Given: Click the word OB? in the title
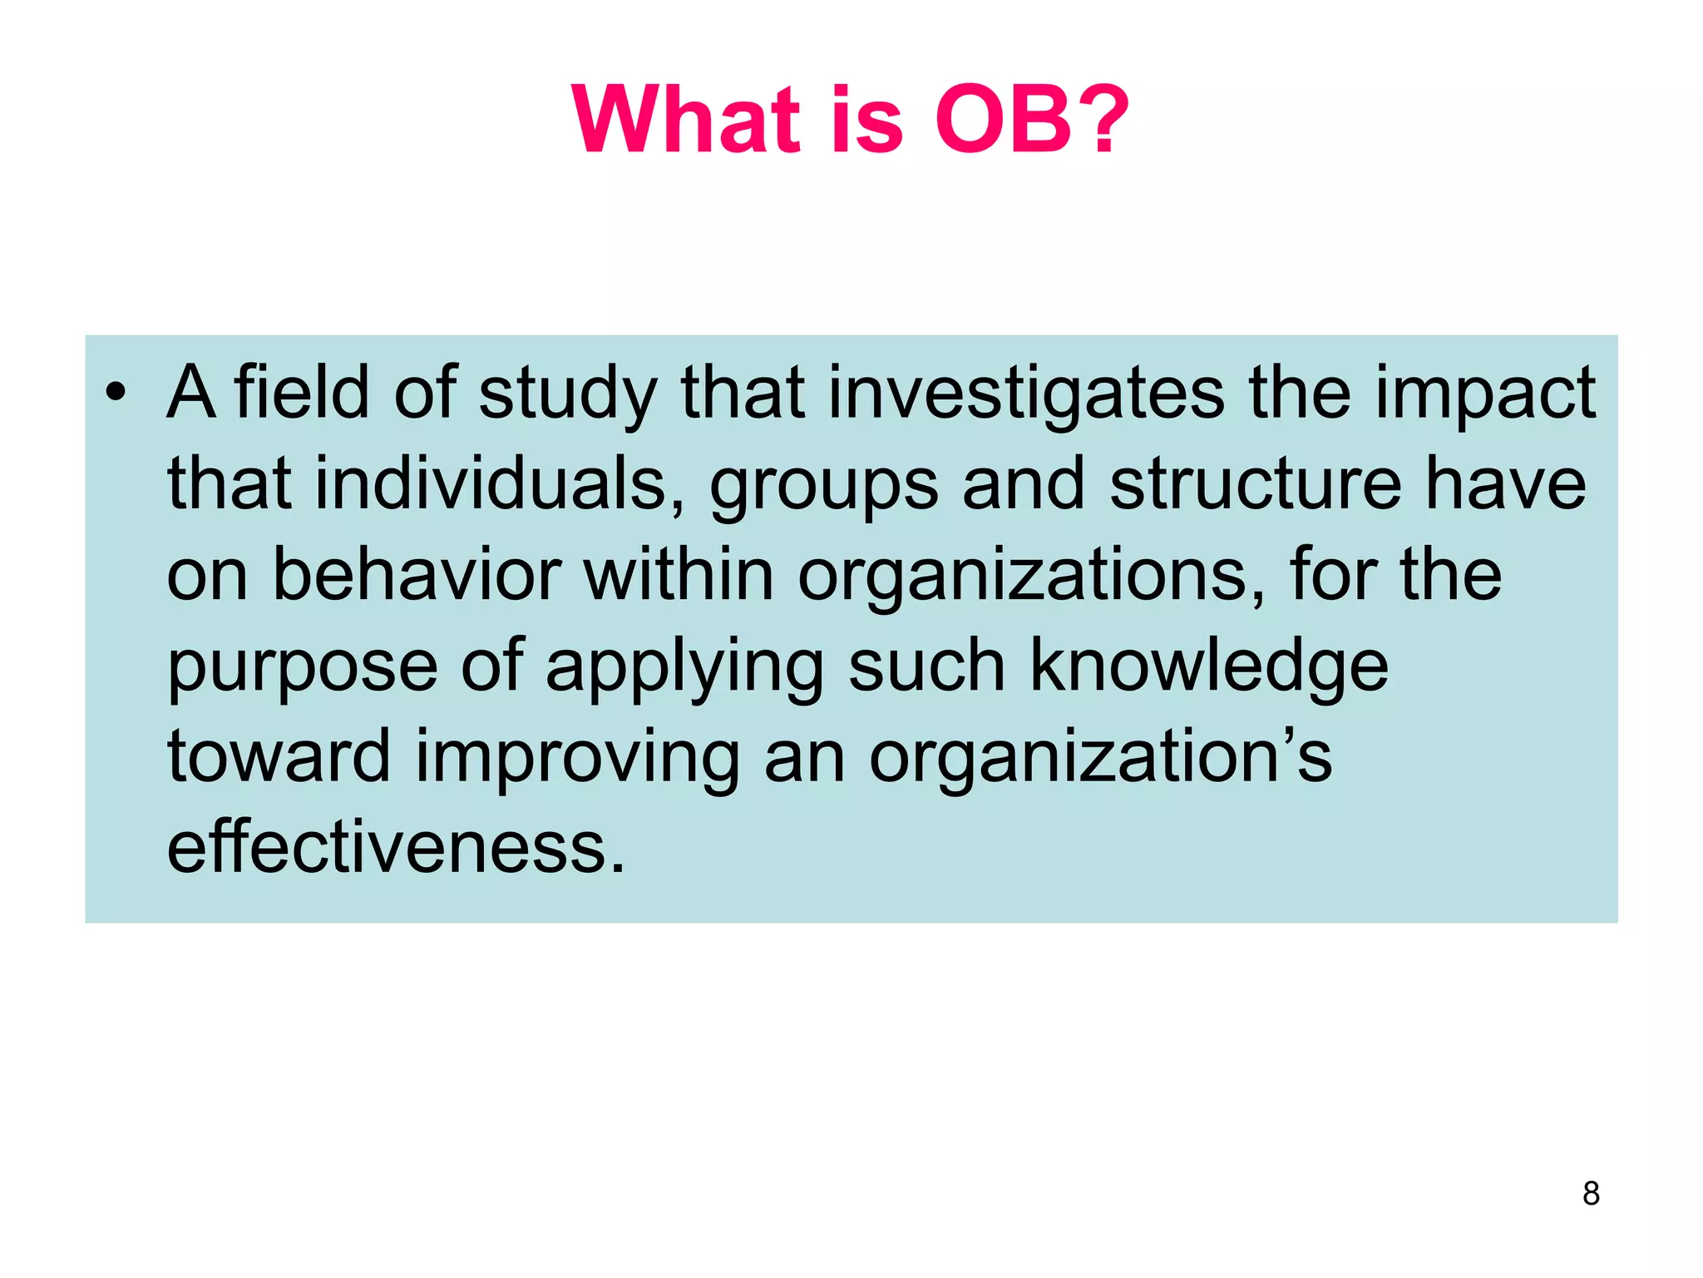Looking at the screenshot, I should pyautogui.click(x=1031, y=121).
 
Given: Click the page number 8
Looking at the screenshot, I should pyautogui.click(x=1591, y=1193).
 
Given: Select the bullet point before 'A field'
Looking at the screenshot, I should pyautogui.click(x=116, y=392).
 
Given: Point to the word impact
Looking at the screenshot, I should pyautogui.click(x=1484, y=394).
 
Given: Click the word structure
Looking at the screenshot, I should pyautogui.click(x=1256, y=483).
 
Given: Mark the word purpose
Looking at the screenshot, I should pyautogui.click(x=302, y=668).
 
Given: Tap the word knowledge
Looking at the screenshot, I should pyautogui.click(x=1209, y=666).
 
